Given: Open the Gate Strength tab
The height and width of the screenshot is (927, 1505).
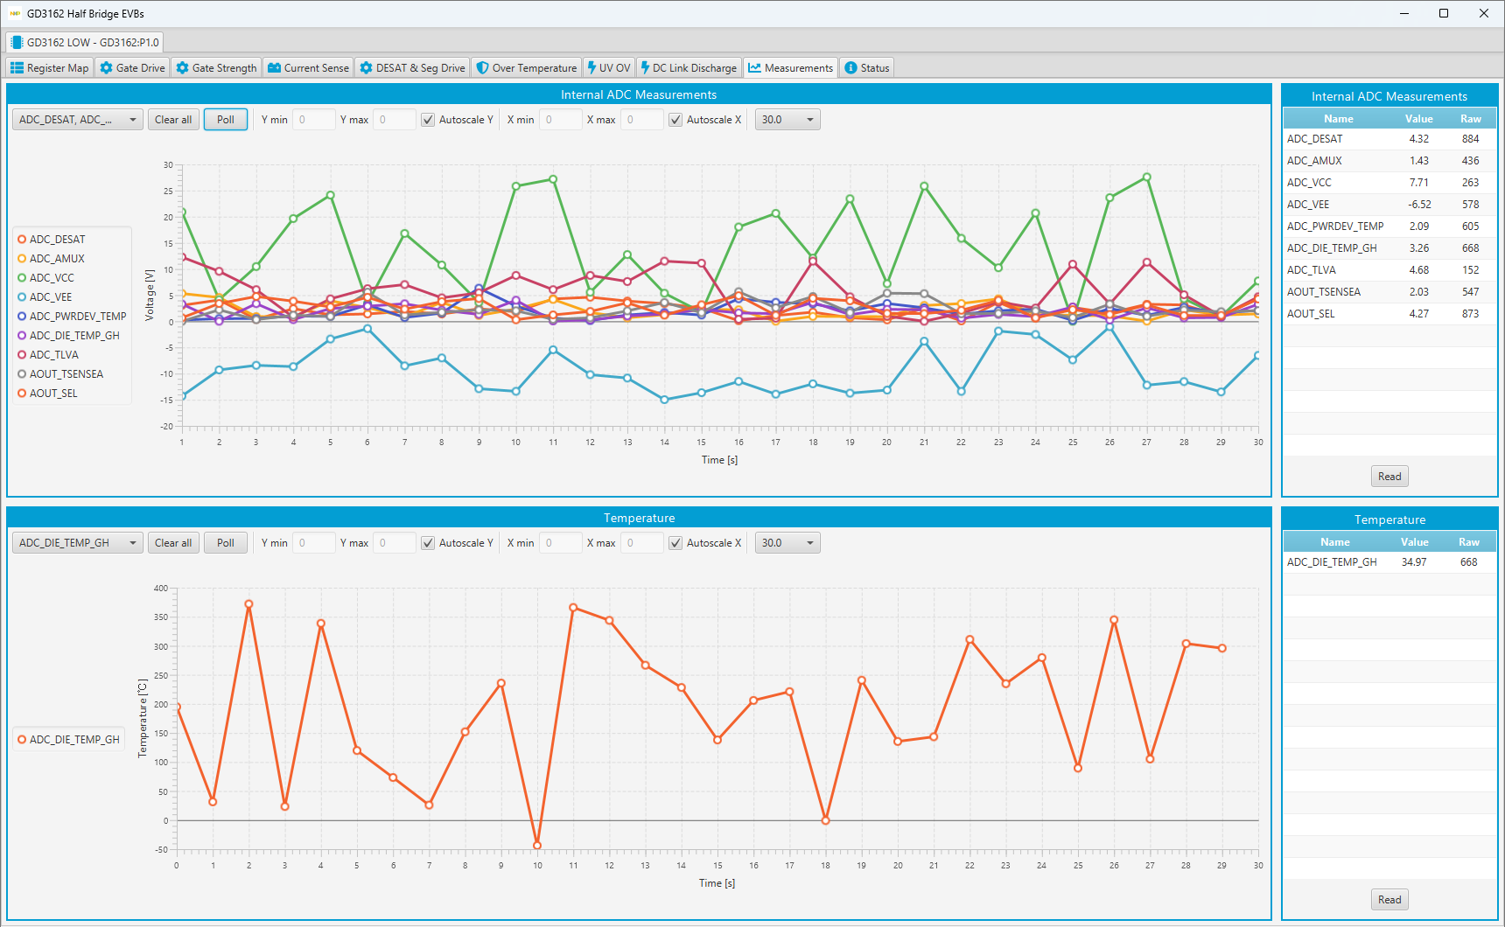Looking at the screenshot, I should (x=216, y=68).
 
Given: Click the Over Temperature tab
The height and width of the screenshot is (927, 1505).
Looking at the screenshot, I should (x=527, y=68).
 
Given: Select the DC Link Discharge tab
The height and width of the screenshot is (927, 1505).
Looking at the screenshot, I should (x=689, y=68).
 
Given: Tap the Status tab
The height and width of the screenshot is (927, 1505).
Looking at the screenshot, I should (x=867, y=68).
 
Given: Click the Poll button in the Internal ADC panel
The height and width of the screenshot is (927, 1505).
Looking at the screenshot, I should (x=226, y=120).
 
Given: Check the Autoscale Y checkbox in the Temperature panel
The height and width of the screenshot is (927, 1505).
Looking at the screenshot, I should (x=428, y=543).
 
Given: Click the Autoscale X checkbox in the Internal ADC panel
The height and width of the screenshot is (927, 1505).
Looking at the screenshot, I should (x=675, y=120).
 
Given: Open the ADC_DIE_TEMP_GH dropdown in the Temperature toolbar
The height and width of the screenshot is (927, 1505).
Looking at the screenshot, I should (x=78, y=543).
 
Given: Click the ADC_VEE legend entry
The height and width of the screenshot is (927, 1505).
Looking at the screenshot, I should (x=51, y=297).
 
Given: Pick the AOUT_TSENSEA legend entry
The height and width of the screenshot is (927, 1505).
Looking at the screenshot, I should (x=66, y=374).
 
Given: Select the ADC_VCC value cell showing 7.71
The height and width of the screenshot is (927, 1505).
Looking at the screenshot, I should (x=1418, y=183).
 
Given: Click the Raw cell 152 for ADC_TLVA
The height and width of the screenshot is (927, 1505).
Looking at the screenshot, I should (x=1470, y=270).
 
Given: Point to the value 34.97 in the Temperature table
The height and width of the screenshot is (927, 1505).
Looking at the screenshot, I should (x=1413, y=562).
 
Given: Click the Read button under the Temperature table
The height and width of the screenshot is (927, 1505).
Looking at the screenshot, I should (x=1389, y=900).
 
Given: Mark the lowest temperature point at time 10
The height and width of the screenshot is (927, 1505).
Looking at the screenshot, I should (x=537, y=846).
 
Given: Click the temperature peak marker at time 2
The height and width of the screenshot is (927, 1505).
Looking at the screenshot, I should (x=249, y=604).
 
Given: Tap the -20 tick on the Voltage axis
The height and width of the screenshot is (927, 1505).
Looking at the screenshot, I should (x=166, y=427).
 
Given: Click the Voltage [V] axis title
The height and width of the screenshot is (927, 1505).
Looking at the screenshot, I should (x=150, y=295).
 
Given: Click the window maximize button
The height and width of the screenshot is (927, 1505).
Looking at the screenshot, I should (x=1444, y=13).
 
